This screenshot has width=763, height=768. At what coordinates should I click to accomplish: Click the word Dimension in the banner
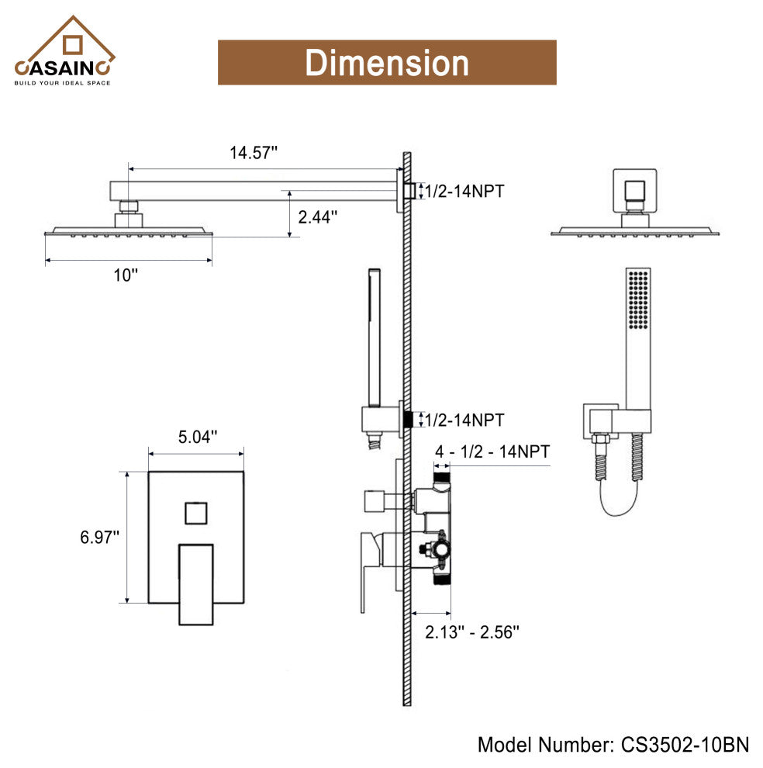click(386, 63)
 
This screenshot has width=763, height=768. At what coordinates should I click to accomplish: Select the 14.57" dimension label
click(254, 153)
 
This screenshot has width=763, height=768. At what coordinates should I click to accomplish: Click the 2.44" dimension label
click(318, 217)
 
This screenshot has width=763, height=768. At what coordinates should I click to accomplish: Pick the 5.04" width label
click(198, 437)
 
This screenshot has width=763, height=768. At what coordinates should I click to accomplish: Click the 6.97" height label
click(100, 537)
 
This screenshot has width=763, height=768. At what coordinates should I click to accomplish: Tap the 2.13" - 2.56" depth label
click(471, 631)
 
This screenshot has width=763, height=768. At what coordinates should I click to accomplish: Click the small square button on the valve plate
click(196, 513)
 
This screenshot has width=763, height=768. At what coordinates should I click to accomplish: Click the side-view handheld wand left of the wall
click(374, 337)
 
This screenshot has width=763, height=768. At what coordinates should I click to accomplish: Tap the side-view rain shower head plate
click(129, 232)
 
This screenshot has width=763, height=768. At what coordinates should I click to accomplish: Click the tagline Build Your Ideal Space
click(63, 82)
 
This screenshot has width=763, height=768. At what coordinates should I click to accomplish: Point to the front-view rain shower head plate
click(635, 231)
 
